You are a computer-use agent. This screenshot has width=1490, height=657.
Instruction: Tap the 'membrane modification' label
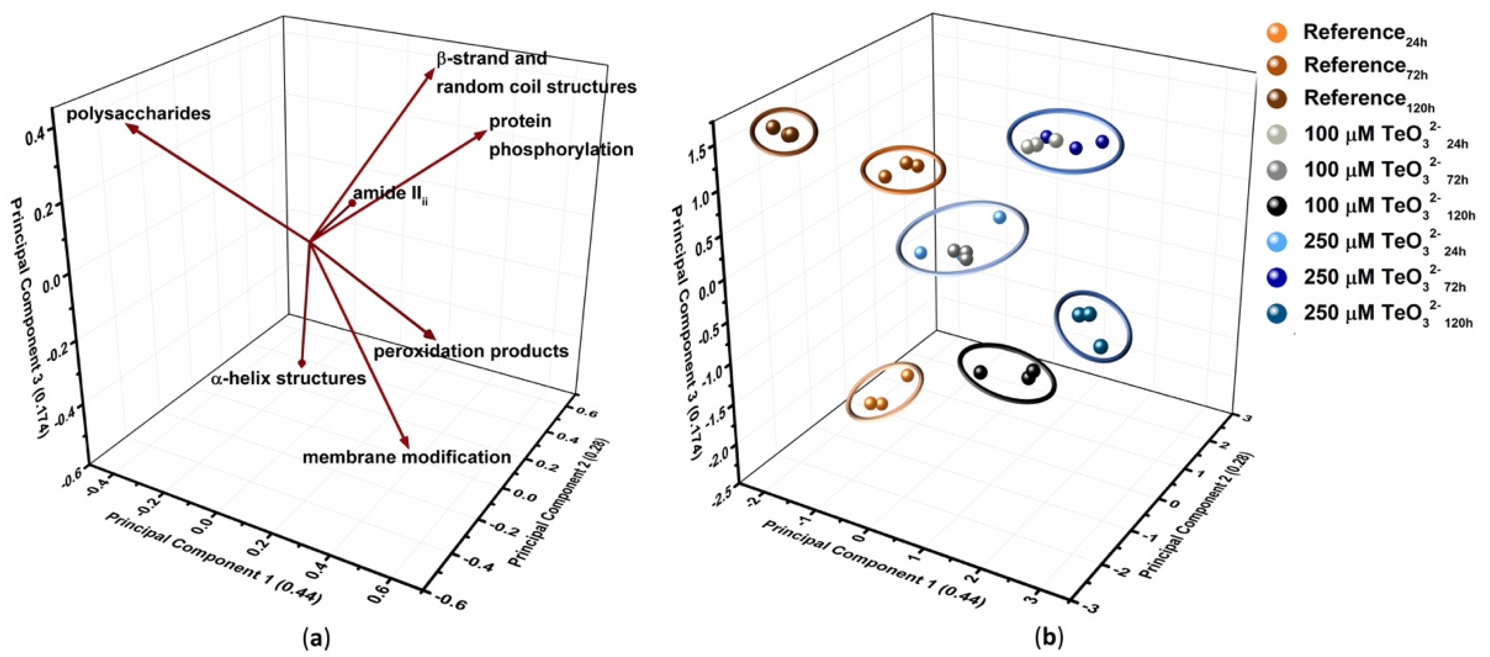(x=407, y=457)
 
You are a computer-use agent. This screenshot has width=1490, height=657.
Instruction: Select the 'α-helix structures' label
(x=289, y=379)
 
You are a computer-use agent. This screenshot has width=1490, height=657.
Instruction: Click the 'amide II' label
(x=391, y=194)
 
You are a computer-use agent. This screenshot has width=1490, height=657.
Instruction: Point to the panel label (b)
(x=1048, y=638)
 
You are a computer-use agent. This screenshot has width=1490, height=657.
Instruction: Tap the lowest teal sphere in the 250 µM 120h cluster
(x=1100, y=347)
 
